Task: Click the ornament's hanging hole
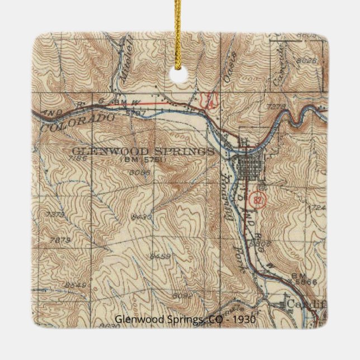(x=180, y=74)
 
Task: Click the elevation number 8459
(x=160, y=256)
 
